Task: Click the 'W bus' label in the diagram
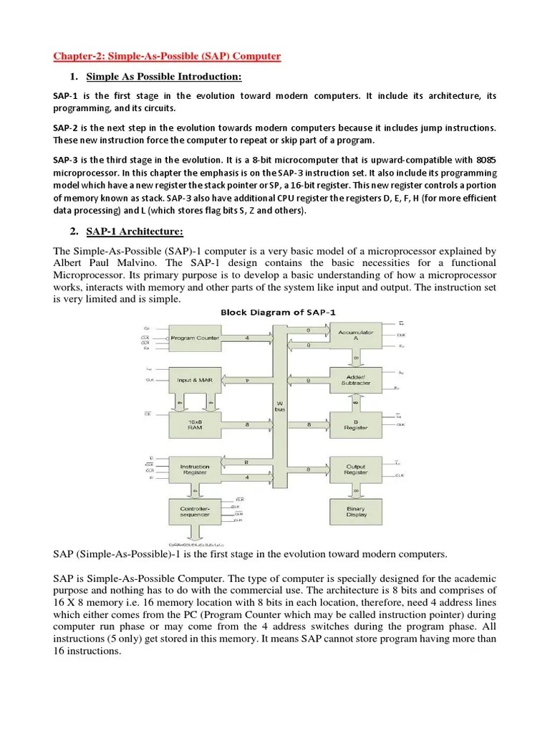(x=280, y=406)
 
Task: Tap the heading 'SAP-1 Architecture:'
(x=135, y=231)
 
